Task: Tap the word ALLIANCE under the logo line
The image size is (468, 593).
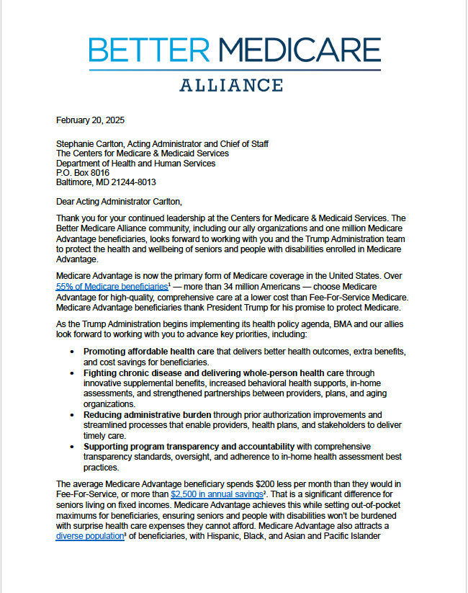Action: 230,86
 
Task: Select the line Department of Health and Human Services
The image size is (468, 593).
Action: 135,163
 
